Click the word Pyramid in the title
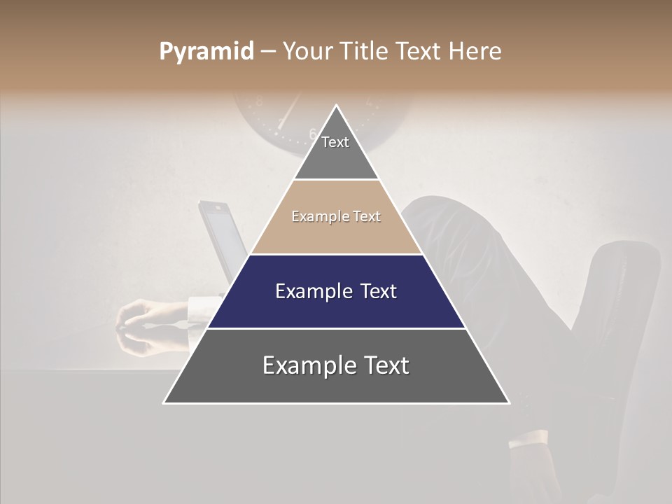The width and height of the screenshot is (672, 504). point(206,52)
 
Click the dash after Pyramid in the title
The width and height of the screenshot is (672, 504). point(268,52)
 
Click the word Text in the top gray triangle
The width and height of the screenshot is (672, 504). point(335,142)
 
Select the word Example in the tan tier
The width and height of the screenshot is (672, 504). point(315,217)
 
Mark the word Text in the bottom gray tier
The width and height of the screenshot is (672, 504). point(385,365)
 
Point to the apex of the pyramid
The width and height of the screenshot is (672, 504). point(337,106)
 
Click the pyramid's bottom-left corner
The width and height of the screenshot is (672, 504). point(164,402)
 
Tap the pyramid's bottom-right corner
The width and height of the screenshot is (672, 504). point(509,402)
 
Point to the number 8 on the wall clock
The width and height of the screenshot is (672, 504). point(259,101)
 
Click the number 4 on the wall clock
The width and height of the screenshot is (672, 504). point(369,102)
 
